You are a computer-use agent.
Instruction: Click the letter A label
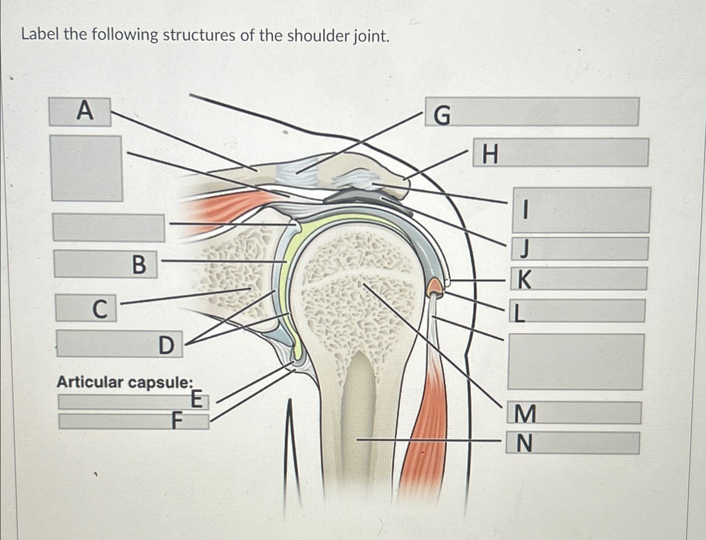(x=85, y=111)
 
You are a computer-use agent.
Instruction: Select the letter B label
(x=139, y=265)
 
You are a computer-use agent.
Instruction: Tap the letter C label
(x=99, y=309)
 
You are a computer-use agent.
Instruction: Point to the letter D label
(x=166, y=346)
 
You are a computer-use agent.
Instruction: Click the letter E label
(x=197, y=399)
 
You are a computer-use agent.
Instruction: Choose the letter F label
(x=177, y=420)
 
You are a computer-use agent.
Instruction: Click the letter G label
(x=442, y=115)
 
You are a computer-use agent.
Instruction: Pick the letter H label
(x=490, y=154)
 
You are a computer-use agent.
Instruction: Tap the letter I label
(x=525, y=210)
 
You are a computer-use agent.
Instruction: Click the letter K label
(x=524, y=279)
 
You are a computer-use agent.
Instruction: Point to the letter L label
(x=520, y=313)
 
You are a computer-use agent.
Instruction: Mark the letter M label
(x=525, y=413)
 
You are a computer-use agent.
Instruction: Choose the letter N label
(x=524, y=443)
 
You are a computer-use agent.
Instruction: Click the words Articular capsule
(x=125, y=382)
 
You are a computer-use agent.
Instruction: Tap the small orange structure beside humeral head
(x=436, y=288)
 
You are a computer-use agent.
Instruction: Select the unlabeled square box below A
(x=86, y=168)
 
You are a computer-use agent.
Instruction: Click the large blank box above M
(x=575, y=362)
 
